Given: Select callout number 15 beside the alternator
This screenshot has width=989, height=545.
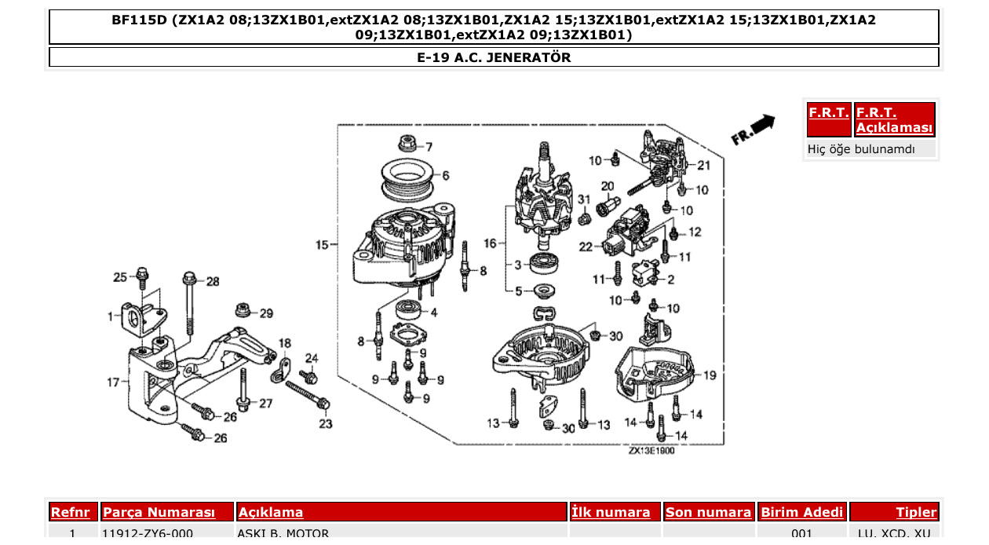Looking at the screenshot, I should tap(322, 245).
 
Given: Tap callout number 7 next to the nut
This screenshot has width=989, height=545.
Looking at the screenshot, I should tap(429, 147).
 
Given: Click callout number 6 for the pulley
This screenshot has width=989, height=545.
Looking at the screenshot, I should tap(445, 175).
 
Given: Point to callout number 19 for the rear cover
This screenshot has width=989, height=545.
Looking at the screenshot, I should tap(710, 375).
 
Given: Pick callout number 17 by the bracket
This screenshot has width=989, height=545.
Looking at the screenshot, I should tap(113, 382).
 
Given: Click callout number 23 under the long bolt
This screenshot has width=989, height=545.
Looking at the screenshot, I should tap(326, 424).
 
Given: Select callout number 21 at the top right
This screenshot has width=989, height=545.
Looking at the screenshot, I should tap(703, 165).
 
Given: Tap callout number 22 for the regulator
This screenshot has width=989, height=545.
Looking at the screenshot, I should tap(586, 247).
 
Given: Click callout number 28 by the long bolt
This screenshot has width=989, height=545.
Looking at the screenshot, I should tap(213, 281).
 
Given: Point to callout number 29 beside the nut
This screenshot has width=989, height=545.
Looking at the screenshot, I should tap(266, 313).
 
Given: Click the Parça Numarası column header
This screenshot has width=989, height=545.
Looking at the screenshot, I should tap(159, 512).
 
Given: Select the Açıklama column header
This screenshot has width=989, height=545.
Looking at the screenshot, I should tap(271, 512).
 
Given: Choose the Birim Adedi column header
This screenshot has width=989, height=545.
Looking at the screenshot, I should tap(802, 512).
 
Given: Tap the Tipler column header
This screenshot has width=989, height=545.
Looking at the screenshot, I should tap(916, 512).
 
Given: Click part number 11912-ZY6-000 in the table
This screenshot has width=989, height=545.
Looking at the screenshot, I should tap(148, 534).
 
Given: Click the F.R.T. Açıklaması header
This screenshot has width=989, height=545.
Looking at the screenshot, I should tap(895, 120).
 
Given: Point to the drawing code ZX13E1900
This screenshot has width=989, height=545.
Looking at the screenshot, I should tap(651, 451).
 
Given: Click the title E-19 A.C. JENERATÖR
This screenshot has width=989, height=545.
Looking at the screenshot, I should tap(494, 57).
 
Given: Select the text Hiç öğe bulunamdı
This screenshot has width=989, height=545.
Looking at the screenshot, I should tap(860, 148).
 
